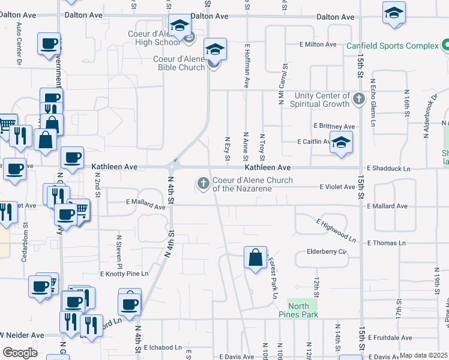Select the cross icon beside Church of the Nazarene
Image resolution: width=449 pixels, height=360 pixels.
click(x=203, y=183)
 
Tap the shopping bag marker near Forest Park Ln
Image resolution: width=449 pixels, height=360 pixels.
click(x=256, y=258)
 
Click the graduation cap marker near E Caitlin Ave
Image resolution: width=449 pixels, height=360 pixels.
click(x=341, y=143)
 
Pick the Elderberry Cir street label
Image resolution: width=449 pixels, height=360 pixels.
click(x=327, y=251)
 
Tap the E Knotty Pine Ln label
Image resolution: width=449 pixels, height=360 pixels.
click(x=124, y=274)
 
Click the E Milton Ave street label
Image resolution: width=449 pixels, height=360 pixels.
click(x=316, y=44)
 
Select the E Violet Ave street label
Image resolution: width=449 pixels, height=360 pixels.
click(x=337, y=187)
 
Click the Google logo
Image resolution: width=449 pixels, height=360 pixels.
click(x=20, y=352)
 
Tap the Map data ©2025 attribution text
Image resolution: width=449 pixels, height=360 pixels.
click(x=424, y=355)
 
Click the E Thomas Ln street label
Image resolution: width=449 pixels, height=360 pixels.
click(x=386, y=242)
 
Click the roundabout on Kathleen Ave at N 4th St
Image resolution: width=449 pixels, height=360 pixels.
click(x=174, y=166)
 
